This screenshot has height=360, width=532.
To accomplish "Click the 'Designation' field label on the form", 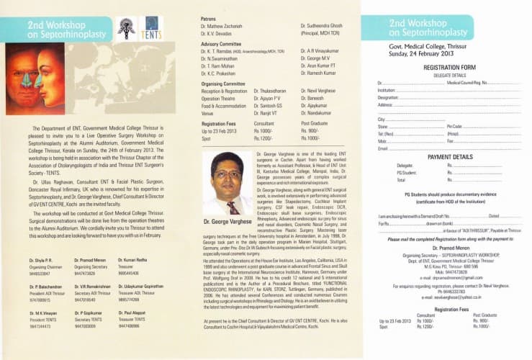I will (388, 96).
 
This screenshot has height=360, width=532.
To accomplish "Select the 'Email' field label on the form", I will (383, 148).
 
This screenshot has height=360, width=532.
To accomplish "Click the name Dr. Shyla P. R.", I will (40, 258).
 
